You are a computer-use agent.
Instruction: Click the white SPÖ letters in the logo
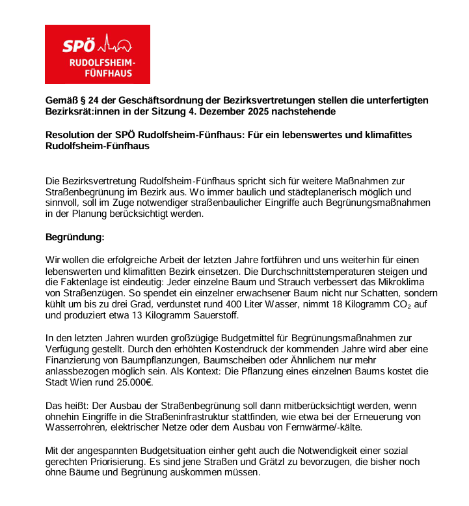(78, 46)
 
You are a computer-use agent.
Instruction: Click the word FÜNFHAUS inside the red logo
(109, 73)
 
